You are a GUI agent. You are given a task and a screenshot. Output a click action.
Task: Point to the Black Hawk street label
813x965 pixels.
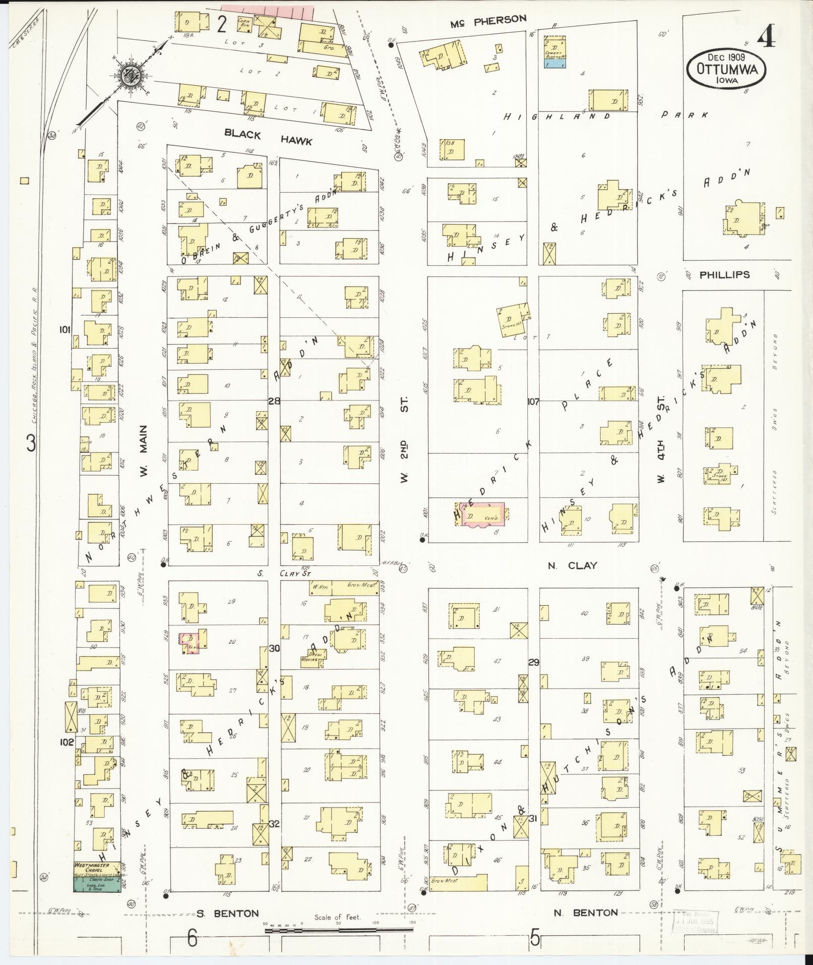pyautogui.click(x=268, y=137)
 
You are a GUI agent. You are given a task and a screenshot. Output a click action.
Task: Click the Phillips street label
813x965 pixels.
pyautogui.click(x=724, y=275)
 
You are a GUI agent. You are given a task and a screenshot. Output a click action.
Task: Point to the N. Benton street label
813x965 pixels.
pyautogui.click(x=585, y=912)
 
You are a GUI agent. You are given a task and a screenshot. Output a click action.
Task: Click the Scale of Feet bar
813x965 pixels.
pyautogui.click(x=338, y=928)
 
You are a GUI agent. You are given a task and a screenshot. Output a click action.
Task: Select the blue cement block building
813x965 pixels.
pyautogui.click(x=555, y=63)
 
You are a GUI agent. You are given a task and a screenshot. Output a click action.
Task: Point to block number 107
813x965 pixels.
pyautogui.click(x=533, y=402)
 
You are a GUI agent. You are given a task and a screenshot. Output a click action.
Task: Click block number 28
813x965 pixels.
pyautogui.click(x=274, y=402)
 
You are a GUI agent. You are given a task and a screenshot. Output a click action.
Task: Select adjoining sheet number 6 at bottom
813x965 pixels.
pyautogui.click(x=192, y=939)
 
